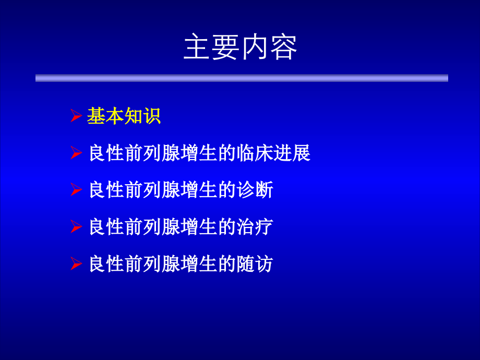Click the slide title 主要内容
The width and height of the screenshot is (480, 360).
[x=240, y=47]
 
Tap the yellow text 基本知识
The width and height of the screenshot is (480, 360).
[x=124, y=116]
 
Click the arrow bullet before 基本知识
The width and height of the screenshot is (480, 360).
[x=76, y=116]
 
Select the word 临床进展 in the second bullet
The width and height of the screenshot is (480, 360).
[x=273, y=153]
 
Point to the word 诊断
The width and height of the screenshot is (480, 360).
[x=255, y=190]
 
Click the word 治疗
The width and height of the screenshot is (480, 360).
[x=255, y=227]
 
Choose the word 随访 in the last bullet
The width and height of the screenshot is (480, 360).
[x=255, y=264]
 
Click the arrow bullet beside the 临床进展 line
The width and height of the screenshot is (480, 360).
[x=76, y=153]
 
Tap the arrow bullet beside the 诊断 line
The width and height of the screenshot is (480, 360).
[x=76, y=190]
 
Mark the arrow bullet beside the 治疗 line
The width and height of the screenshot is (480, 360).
[x=76, y=227]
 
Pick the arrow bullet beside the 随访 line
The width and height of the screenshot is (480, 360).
[x=76, y=264]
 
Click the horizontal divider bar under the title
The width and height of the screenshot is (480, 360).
[x=242, y=78]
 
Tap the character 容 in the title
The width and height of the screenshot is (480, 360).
[x=283, y=47]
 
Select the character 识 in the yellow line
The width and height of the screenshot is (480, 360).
[x=152, y=116]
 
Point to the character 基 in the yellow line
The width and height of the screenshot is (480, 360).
[x=96, y=116]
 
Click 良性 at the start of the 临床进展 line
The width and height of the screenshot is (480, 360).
[x=107, y=153]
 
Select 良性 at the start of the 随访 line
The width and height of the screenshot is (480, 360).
[x=107, y=264]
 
